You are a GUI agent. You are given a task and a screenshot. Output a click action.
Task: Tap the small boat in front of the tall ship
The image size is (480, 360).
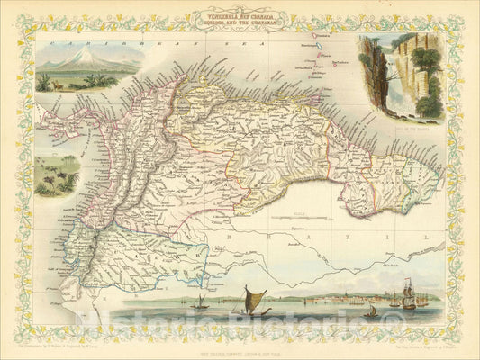pos(370,310)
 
